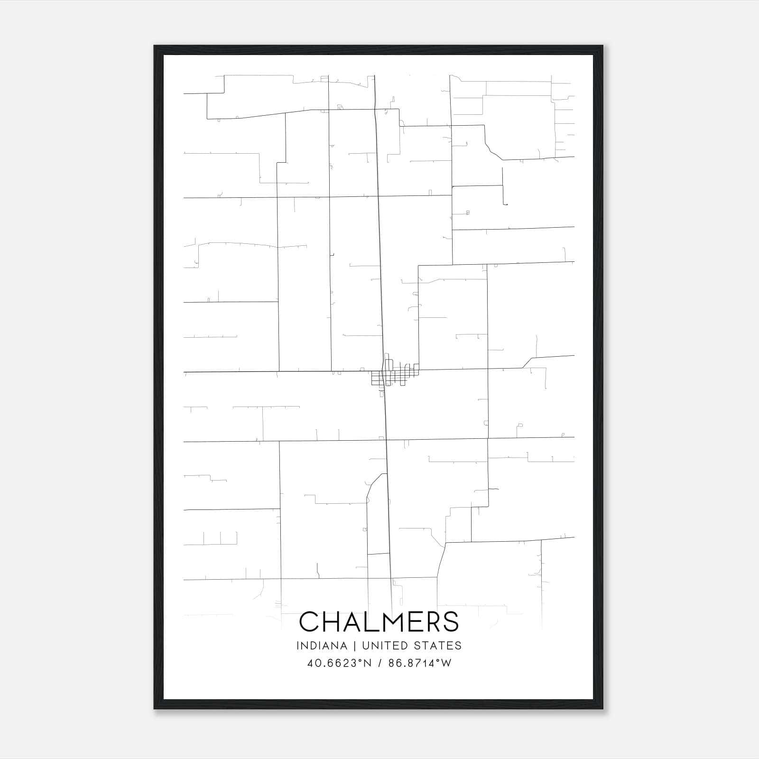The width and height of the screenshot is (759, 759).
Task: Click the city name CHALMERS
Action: pyautogui.click(x=379, y=621)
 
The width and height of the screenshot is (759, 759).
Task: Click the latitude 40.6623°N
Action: pyautogui.click(x=339, y=663)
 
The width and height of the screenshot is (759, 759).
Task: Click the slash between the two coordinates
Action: pyautogui.click(x=380, y=663)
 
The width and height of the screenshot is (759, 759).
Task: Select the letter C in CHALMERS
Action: pyautogui.click(x=309, y=621)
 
